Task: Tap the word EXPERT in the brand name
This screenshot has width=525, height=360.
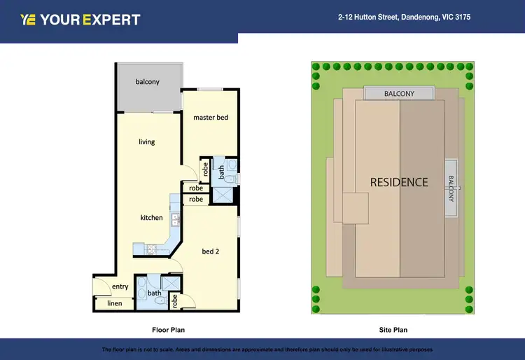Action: click(x=111, y=20)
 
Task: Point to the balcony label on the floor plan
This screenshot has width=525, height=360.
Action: click(x=147, y=82)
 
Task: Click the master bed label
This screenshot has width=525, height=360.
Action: click(x=211, y=118)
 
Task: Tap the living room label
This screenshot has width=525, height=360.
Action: click(x=146, y=142)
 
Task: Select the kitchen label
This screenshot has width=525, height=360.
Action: click(x=151, y=218)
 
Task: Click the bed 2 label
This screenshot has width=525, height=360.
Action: click(x=211, y=251)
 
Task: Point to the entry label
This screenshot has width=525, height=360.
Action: click(x=120, y=286)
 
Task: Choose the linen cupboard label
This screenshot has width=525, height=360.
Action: click(x=114, y=303)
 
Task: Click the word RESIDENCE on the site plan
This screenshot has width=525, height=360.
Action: click(x=398, y=182)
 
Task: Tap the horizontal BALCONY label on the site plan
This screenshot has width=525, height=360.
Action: click(x=399, y=94)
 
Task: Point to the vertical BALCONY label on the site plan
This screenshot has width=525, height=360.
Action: click(x=451, y=188)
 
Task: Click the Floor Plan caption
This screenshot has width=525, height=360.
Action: click(x=168, y=329)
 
